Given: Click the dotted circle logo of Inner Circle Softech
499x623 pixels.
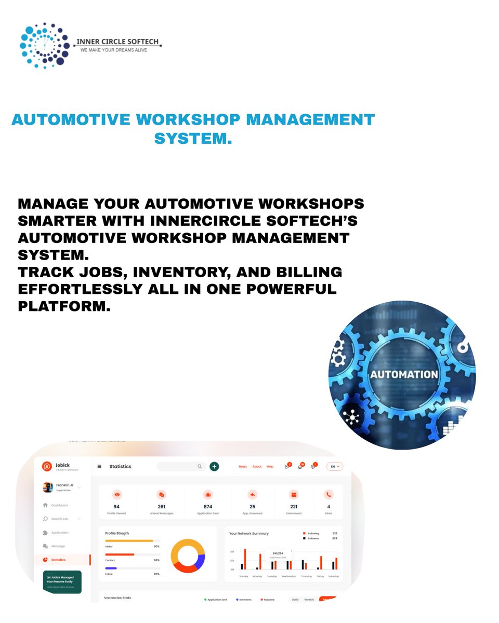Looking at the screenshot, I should (44, 45).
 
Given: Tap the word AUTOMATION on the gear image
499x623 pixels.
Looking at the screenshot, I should (403, 374).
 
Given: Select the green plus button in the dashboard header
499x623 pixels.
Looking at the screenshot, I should (214, 466).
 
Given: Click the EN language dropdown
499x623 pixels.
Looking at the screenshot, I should (335, 466).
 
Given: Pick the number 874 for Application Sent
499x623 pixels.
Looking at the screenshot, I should (207, 506).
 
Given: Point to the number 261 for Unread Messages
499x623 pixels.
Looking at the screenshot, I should (161, 506).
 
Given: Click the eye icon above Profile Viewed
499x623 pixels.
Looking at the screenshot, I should (116, 495).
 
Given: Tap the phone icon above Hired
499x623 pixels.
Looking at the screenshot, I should (329, 495).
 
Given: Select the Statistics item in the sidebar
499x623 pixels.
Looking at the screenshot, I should (58, 560).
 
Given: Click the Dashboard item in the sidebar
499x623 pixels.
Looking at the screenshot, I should (59, 505).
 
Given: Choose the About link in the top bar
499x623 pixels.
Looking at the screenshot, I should (257, 467).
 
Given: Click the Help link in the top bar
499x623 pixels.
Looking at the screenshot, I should (270, 467).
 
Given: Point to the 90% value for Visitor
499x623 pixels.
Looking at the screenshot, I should (156, 546).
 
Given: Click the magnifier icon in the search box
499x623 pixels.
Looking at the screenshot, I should (200, 466).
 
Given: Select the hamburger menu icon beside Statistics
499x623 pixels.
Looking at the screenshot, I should (99, 466).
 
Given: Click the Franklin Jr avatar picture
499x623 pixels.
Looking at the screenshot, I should (48, 487).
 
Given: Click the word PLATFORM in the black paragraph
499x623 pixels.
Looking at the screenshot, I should (64, 306).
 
